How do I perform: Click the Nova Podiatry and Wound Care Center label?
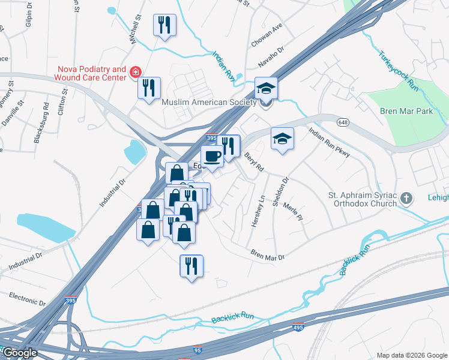coord(91,73)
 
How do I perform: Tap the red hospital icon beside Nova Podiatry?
coord(136,73)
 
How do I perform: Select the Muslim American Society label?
coord(209,103)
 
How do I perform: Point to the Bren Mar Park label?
coord(406,111)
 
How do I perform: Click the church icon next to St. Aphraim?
coord(407,198)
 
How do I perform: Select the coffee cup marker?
coord(212,157)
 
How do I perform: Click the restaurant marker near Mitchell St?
coord(164,25)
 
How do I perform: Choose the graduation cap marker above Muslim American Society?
coord(266,89)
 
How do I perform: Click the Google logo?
coord(20,353)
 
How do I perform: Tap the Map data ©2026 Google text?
coord(411,355)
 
